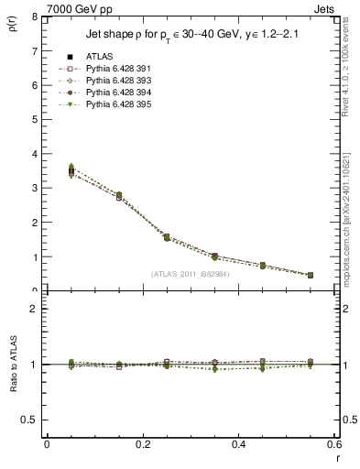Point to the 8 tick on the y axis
(x=34, y=16)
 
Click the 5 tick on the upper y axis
(x=34, y=119)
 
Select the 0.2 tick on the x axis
(x=142, y=444)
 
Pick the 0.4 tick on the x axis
(x=237, y=444)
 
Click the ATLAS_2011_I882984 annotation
(x=190, y=273)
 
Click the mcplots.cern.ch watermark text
(x=346, y=220)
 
